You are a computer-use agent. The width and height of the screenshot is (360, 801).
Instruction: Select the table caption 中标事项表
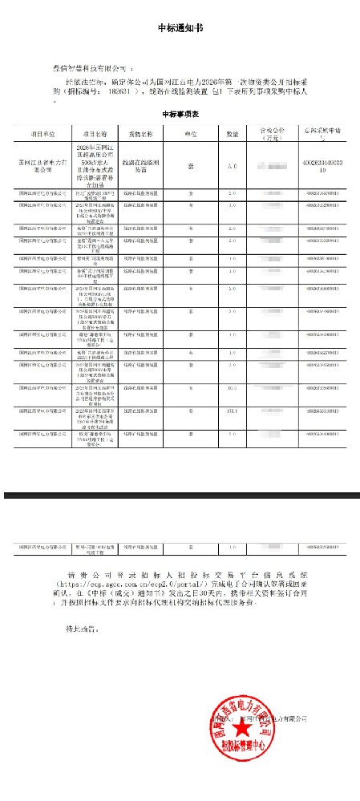click(180, 115)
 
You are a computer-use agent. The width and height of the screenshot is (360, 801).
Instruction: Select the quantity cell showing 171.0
click(232, 411)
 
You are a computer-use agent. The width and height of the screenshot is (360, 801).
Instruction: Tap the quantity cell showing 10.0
click(232, 388)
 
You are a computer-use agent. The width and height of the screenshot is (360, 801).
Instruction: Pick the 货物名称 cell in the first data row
click(140, 166)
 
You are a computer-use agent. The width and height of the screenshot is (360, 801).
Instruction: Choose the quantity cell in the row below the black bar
click(232, 548)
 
